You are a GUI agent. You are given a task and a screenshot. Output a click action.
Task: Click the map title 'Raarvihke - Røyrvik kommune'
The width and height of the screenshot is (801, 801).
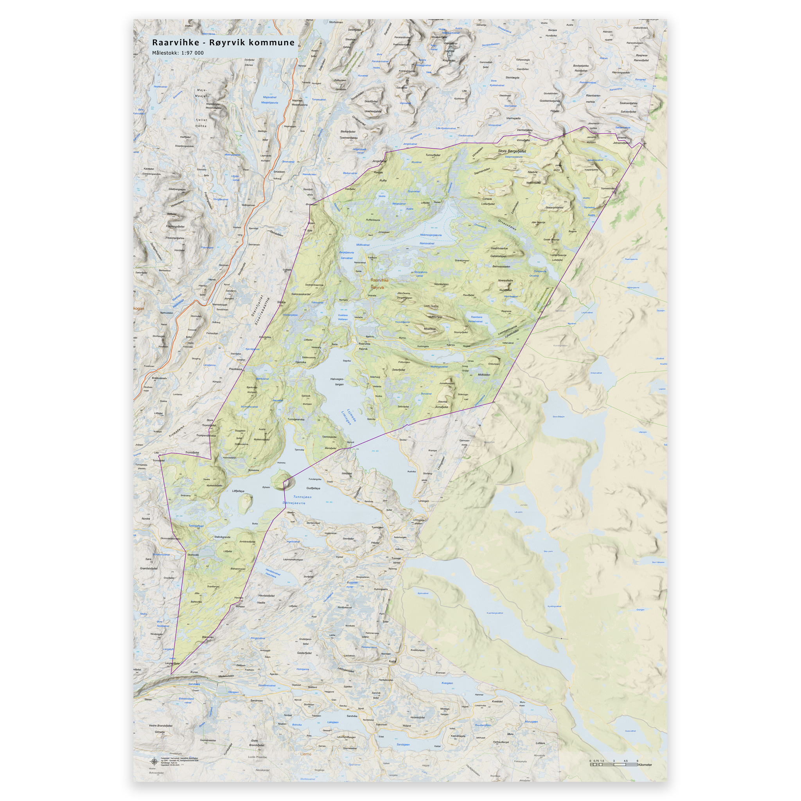coord(223,42)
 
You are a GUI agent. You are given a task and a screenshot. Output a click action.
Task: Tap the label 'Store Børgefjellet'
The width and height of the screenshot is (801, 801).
coord(512,151)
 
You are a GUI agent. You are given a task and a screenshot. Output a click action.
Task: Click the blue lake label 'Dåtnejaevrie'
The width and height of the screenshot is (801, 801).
coord(294,503)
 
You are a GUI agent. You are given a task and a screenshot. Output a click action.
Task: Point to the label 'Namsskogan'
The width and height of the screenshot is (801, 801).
coord(220,305)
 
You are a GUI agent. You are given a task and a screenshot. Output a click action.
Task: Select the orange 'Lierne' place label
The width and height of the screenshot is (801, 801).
coord(305,754)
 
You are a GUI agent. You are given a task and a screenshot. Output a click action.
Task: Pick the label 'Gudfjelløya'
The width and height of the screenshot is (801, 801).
coord(313,489)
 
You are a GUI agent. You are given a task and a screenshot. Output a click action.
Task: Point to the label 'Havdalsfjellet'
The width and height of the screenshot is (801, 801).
coord(266,595)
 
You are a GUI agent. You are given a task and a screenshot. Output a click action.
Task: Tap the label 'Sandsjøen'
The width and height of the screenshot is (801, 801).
coord(403,744)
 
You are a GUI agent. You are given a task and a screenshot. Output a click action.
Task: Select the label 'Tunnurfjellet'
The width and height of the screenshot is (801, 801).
coord(433,155)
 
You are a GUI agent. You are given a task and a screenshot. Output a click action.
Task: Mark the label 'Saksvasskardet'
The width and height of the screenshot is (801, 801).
coord(301,294)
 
